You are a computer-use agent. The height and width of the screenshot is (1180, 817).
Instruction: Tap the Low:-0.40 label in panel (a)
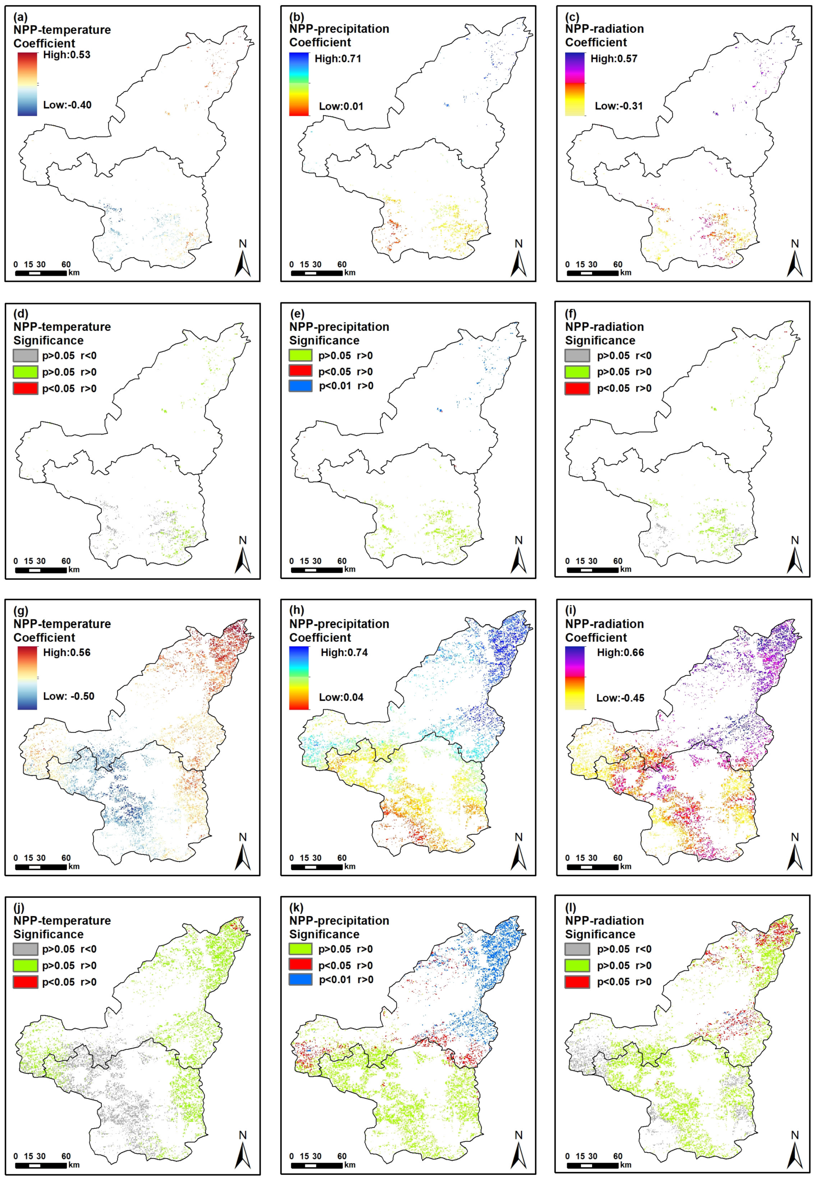click(67, 105)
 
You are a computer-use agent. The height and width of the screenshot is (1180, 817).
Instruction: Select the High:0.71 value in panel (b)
click(338, 59)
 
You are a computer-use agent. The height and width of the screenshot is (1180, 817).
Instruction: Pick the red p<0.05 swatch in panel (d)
click(26, 389)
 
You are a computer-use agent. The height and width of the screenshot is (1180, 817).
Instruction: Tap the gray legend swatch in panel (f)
click(577, 355)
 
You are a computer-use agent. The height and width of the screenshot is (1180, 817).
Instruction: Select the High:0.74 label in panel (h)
click(344, 652)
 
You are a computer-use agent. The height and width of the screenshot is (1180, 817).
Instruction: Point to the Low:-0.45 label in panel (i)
click(620, 698)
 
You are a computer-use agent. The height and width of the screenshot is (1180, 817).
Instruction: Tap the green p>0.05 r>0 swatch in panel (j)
click(26, 966)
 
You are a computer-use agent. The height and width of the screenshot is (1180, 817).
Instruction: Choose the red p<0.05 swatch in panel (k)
click(301, 966)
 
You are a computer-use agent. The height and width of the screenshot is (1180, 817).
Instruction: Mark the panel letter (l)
click(572, 908)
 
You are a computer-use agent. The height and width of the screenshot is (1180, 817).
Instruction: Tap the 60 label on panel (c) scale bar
click(618, 265)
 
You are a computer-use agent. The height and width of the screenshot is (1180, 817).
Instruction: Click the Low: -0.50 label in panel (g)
click(69, 696)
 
